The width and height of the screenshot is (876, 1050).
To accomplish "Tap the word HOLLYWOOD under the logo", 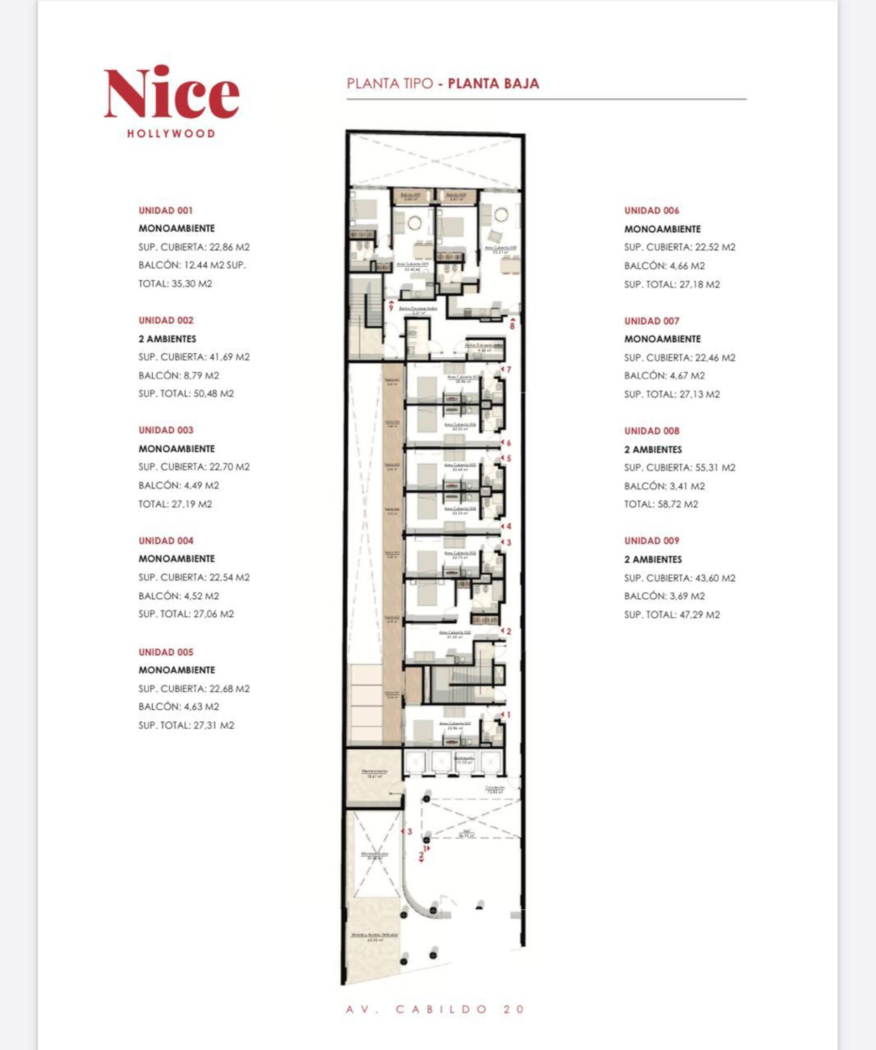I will [x=171, y=134].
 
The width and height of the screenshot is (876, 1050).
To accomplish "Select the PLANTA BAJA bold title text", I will [x=493, y=84].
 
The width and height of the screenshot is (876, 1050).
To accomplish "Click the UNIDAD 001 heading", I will [x=166, y=210].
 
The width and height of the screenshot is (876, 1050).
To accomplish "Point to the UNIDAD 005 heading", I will [x=166, y=652].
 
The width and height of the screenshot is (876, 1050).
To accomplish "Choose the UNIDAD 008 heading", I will [x=652, y=430].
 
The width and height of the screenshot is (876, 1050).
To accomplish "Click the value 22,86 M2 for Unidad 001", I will [x=229, y=247].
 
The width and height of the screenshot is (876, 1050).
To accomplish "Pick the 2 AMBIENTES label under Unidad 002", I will [x=167, y=339].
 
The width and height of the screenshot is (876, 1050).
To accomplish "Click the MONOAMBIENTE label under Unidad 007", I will [x=662, y=339].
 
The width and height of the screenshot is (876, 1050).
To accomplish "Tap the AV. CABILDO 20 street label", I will [x=435, y=1009].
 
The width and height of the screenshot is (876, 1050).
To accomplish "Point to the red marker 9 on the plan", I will [x=391, y=308].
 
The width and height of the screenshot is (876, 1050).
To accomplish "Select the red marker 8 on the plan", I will [x=511, y=326].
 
